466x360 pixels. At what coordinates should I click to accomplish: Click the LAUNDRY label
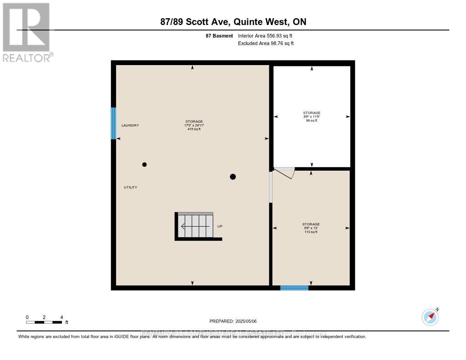pyautogui.click(x=130, y=125)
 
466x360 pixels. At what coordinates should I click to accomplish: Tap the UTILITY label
pyautogui.click(x=131, y=188)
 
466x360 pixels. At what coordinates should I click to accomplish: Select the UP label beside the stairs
pyautogui.click(x=220, y=226)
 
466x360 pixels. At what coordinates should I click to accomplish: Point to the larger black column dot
pyautogui.click(x=233, y=177)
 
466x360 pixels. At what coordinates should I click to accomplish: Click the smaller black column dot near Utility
pyautogui.click(x=144, y=164)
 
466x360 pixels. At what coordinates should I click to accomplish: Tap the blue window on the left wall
pyautogui.click(x=113, y=123)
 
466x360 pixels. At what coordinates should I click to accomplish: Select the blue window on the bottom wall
pyautogui.click(x=294, y=287)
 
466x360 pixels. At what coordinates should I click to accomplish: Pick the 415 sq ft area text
pyautogui.click(x=194, y=129)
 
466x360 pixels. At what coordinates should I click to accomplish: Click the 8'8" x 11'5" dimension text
pyautogui.click(x=312, y=117)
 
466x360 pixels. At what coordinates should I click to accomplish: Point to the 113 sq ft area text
pyautogui.click(x=311, y=232)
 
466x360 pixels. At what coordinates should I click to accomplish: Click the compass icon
pyautogui.click(x=430, y=316)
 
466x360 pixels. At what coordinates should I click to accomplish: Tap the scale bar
pyautogui.click(x=44, y=322)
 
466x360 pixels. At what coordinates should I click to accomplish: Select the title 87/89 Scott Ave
pyautogui.click(x=233, y=22)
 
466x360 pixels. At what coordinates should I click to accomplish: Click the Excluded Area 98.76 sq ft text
pyautogui.click(x=266, y=43)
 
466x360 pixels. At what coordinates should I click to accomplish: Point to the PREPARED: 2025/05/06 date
pyautogui.click(x=233, y=321)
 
